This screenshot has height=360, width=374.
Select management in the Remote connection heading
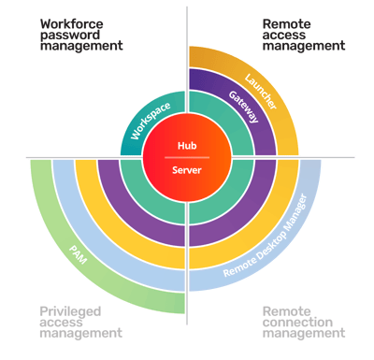click(x=303, y=333)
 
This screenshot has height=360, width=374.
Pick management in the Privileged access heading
click(x=80, y=333)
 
